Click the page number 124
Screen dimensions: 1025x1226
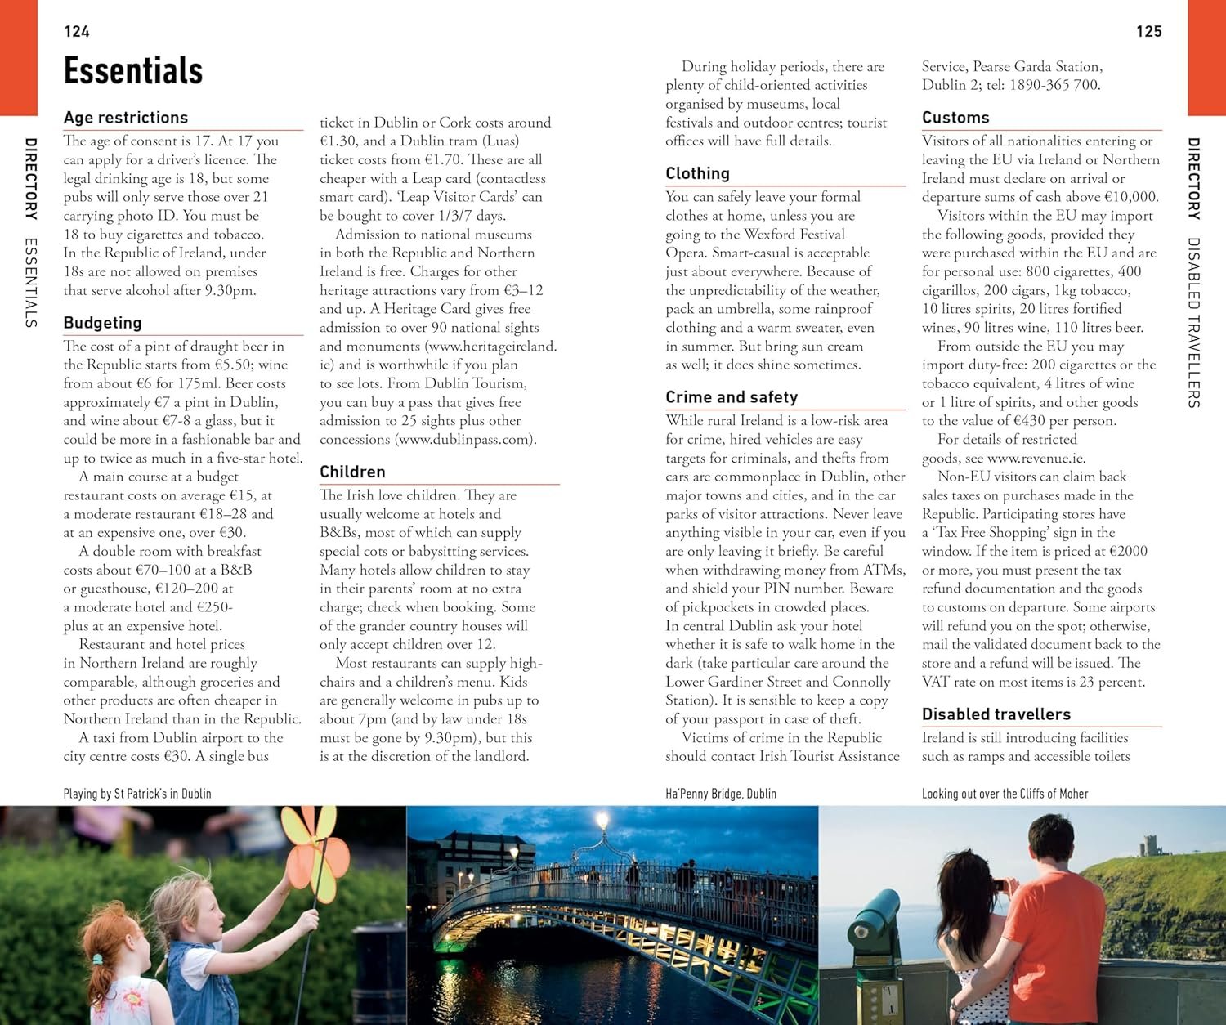click(x=77, y=32)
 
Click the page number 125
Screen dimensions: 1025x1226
click(x=1148, y=32)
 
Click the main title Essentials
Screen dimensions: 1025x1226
click(x=133, y=71)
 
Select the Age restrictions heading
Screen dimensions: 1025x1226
click(x=126, y=118)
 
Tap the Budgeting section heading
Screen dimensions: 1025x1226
click(x=103, y=323)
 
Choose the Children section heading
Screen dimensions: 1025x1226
click(x=352, y=472)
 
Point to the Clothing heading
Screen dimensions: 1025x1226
click(x=697, y=173)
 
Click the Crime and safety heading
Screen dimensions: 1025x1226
click(x=732, y=397)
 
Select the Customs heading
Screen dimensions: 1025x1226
click(x=955, y=118)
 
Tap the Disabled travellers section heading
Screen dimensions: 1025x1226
click(x=996, y=714)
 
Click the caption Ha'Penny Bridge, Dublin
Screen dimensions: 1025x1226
click(x=721, y=794)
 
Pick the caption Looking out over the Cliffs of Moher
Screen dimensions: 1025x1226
click(x=1005, y=794)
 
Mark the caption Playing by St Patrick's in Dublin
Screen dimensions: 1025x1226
click(x=137, y=794)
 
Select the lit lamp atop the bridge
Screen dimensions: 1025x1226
click(x=603, y=820)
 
